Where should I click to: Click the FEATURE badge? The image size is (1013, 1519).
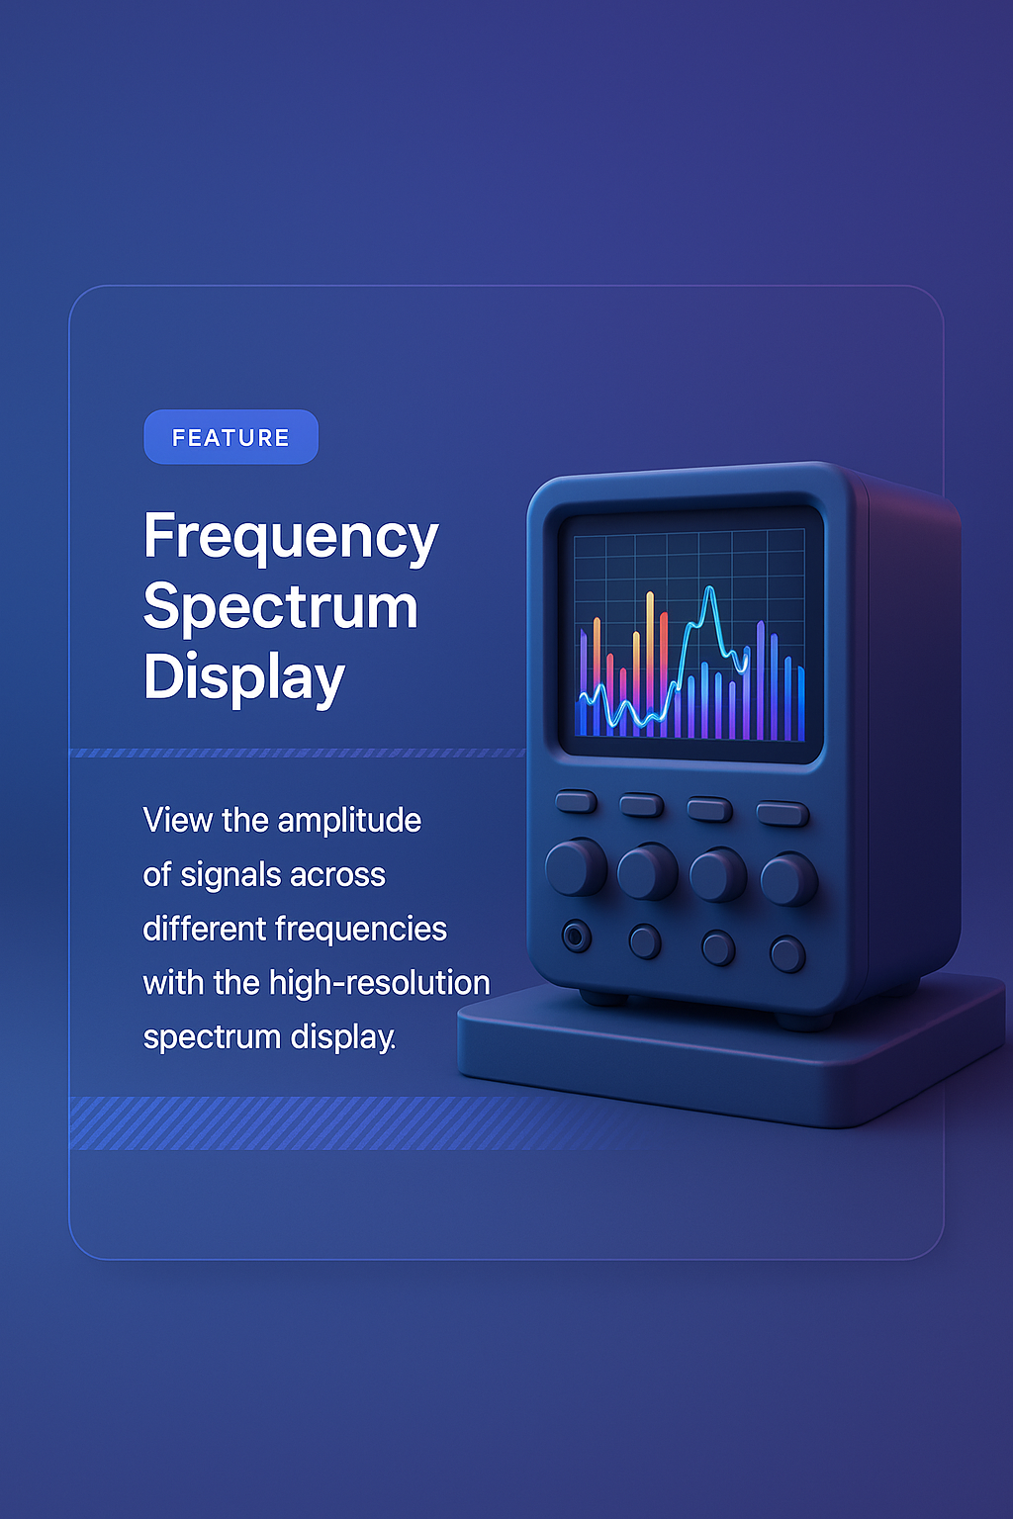(230, 437)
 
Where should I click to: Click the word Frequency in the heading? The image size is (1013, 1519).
(291, 537)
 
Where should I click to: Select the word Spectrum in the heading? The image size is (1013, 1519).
(281, 607)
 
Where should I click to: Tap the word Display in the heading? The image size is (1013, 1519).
(244, 678)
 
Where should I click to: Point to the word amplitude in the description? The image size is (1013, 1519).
(349, 821)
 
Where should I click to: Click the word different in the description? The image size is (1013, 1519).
(205, 930)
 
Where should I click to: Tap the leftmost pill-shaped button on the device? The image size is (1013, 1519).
(576, 801)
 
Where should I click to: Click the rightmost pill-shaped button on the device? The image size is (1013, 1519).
(783, 814)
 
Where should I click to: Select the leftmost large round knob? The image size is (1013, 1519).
(575, 867)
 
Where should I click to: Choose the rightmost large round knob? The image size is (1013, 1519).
(788, 879)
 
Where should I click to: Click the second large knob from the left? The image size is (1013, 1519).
(647, 871)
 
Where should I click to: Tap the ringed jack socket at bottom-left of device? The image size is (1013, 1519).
(577, 936)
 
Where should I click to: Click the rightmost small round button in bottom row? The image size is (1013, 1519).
(787, 954)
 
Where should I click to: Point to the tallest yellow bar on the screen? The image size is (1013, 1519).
(650, 653)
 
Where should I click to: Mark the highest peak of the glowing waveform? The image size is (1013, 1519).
(709, 589)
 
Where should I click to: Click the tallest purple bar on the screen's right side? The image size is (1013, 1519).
(760, 677)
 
